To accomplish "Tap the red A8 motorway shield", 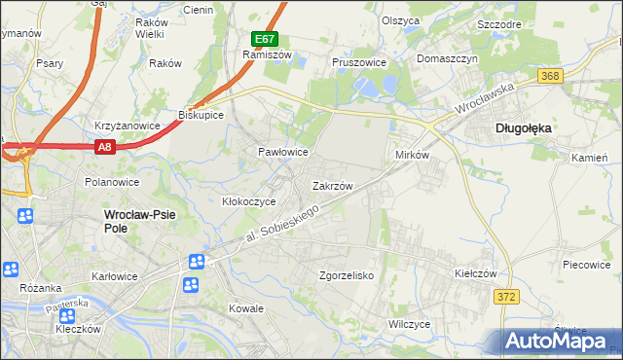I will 106,147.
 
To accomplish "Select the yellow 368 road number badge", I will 550,76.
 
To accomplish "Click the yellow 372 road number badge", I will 503,297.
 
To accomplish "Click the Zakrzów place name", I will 332,185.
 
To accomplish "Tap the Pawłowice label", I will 283,153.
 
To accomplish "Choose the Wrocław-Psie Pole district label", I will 130,220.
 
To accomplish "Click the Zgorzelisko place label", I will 347,275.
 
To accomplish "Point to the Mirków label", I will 413,156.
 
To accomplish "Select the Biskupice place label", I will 202,115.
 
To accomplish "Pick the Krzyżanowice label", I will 127,126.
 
